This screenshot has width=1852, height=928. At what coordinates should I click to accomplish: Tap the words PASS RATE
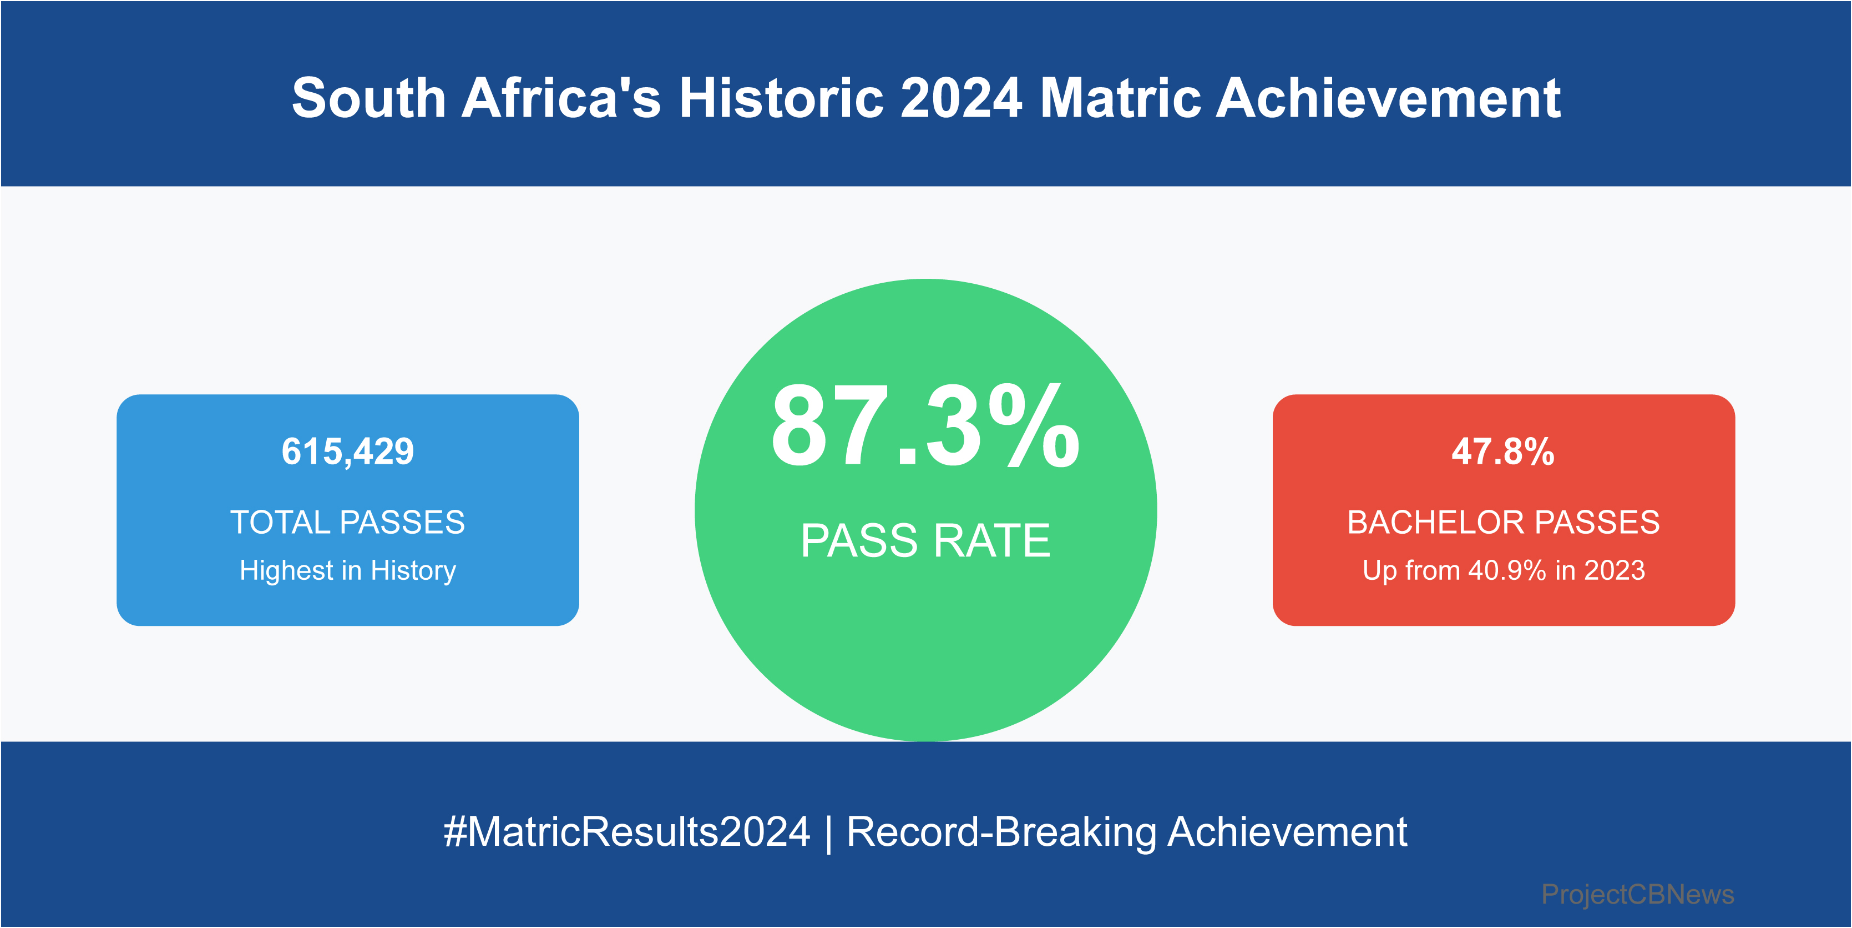coord(925,540)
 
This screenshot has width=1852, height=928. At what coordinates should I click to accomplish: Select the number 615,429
coord(348,452)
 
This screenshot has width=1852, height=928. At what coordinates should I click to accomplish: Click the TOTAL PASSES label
coord(348,522)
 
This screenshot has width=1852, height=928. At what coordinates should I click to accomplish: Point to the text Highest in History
coord(348,570)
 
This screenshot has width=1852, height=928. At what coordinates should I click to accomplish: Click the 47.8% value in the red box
coord(1504,452)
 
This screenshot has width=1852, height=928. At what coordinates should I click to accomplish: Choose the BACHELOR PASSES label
coord(1504,522)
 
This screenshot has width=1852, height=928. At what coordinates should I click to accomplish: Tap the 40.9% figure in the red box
coord(1507,570)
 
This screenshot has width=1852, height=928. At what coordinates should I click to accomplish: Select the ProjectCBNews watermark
coord(1638,894)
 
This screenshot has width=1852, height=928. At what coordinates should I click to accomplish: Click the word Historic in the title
coord(782,98)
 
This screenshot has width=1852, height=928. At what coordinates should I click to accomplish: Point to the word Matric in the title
coord(1121,98)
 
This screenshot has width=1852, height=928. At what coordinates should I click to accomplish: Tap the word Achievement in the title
coord(1388,98)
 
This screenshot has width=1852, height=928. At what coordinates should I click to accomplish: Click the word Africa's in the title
coord(561,98)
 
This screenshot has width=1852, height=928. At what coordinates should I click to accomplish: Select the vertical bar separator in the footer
coord(829,833)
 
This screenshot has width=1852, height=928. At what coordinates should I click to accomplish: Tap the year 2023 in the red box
coord(1615,570)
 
